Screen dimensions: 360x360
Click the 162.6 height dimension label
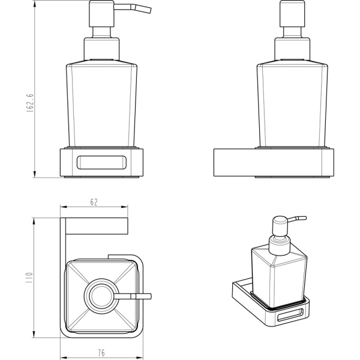pyautogui.click(x=31, y=103)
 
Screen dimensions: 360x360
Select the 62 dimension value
pyautogui.click(x=94, y=202)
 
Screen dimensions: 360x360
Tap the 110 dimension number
pyautogui.click(x=30, y=277)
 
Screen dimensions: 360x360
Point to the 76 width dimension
pyautogui.click(x=101, y=353)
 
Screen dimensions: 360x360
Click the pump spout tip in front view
pyautogui.click(x=149, y=11)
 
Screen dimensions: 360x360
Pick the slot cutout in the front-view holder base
pyautogui.click(x=101, y=163)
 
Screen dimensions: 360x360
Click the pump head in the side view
pyautogui.click(x=293, y=14)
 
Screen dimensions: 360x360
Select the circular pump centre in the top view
pyautogui.click(x=101, y=296)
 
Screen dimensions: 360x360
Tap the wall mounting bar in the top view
pyautogui.click(x=97, y=226)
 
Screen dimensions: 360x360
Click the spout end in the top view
pyautogui.click(x=150, y=296)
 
